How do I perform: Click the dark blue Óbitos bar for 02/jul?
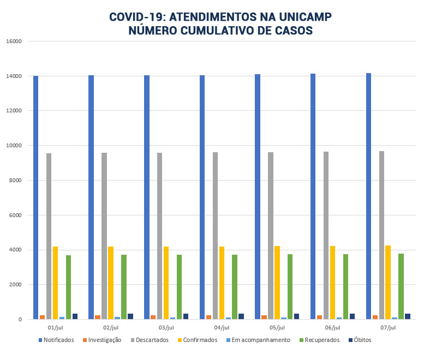point(130,316)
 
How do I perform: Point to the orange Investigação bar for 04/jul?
point(209,317)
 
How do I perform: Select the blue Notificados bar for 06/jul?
point(313,196)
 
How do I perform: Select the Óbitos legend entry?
point(362,340)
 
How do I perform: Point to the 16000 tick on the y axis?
point(14,41)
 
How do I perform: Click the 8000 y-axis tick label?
point(16,181)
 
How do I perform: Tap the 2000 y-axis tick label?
point(16,285)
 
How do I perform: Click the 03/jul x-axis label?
point(166,328)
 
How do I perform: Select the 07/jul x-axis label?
point(388,328)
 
